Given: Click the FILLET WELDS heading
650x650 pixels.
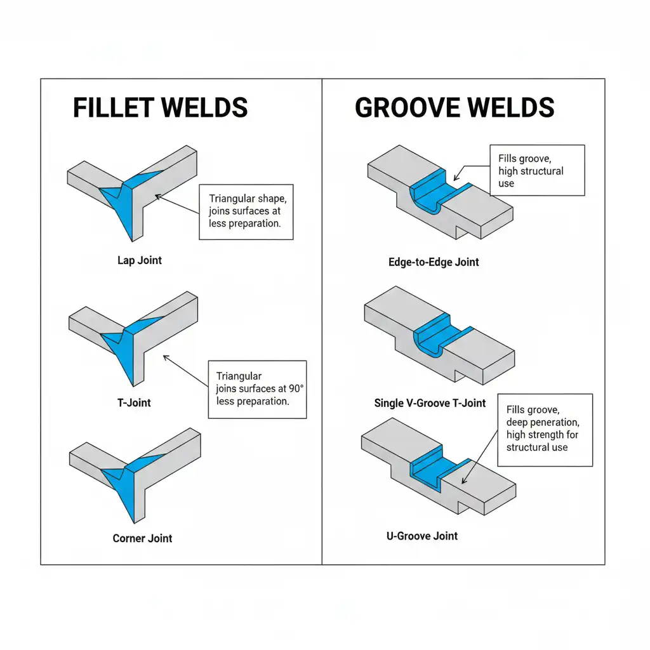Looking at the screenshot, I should tap(160, 108).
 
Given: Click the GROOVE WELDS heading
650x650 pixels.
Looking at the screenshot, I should tap(454, 108).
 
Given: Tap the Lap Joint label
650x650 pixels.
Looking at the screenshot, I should tap(140, 260).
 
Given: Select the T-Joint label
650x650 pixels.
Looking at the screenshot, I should tap(135, 402).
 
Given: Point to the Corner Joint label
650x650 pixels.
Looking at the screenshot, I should tap(142, 538).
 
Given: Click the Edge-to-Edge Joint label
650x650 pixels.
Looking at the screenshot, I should tap(434, 262).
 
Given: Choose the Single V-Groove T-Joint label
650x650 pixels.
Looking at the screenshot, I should tap(430, 403).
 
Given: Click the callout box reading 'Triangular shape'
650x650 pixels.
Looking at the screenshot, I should tap(246, 212).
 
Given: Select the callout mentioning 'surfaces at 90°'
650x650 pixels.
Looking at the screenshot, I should tap(257, 389).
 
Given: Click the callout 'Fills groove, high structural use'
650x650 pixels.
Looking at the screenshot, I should tap(537, 170).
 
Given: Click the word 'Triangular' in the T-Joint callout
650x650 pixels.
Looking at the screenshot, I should tap(239, 376).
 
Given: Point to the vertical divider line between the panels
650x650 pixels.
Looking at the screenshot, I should tap(322, 317).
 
